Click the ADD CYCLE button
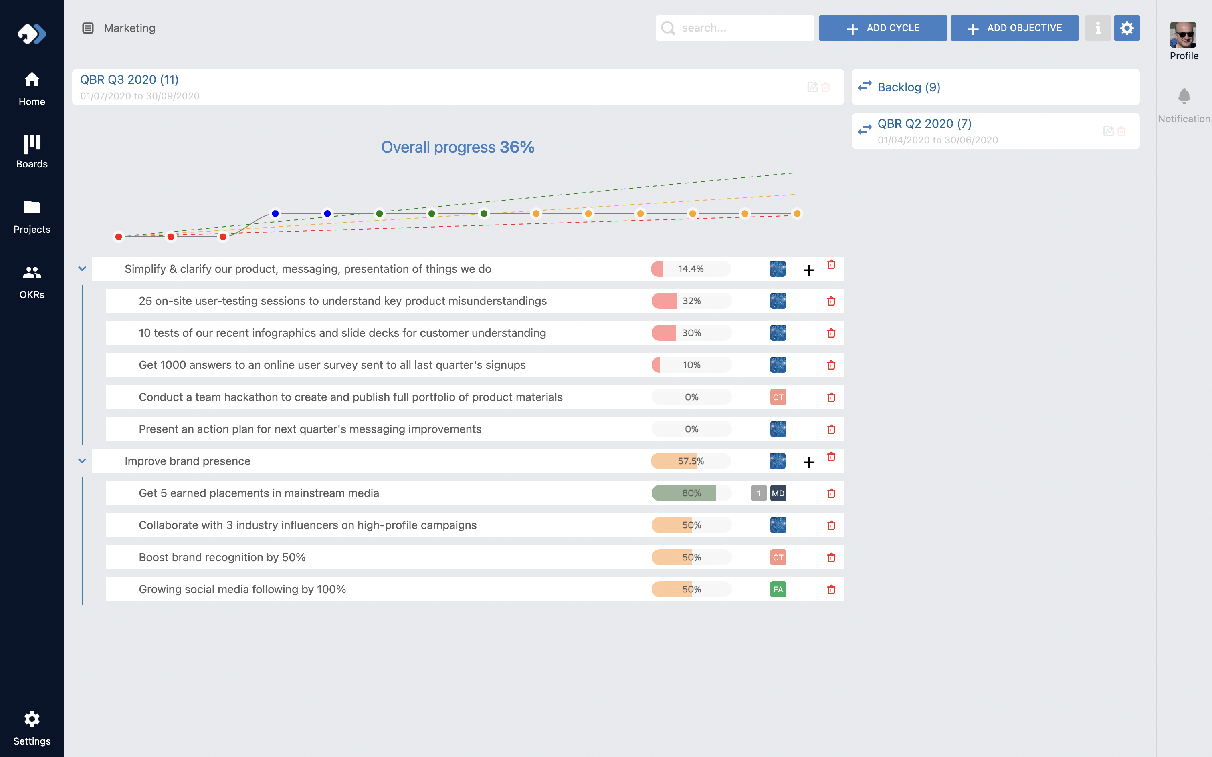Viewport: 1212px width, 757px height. click(x=883, y=28)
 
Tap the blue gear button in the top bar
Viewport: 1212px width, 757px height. click(x=1126, y=28)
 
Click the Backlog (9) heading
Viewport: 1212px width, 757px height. click(x=909, y=87)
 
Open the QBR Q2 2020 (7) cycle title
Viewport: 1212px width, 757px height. click(x=924, y=124)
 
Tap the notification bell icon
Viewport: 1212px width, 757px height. click(x=1184, y=96)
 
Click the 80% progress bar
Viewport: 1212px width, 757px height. click(x=691, y=493)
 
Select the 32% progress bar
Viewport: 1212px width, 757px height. click(x=691, y=301)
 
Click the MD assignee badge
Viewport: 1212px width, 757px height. click(x=778, y=493)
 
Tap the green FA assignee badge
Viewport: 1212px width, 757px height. click(x=778, y=589)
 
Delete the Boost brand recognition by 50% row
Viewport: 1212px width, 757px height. click(x=831, y=557)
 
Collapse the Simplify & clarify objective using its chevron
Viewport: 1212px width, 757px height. click(x=82, y=269)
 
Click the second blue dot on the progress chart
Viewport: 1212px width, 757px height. click(x=327, y=214)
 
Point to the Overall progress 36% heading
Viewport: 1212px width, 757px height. click(x=457, y=147)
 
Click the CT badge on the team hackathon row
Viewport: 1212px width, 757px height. click(x=778, y=397)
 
